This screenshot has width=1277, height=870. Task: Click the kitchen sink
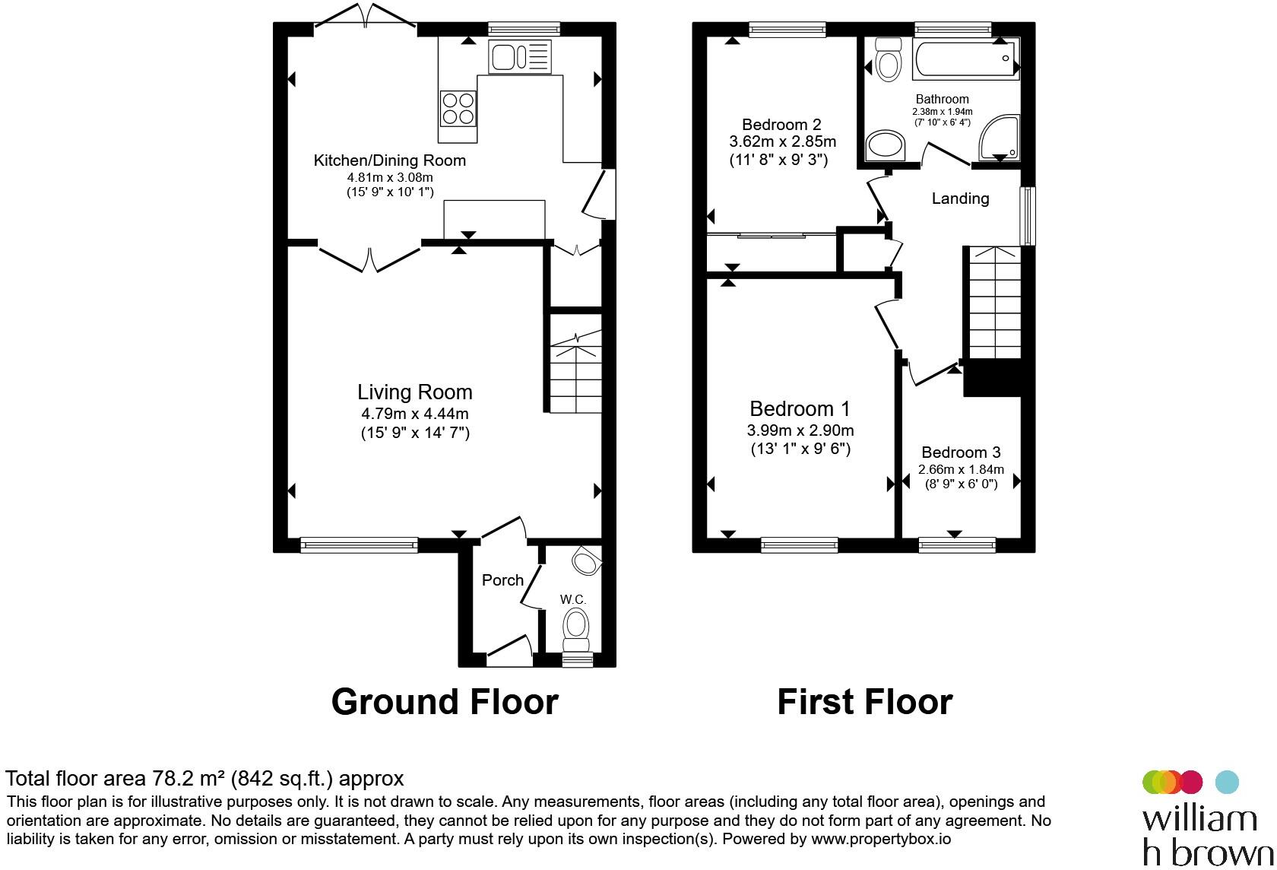point(519,56)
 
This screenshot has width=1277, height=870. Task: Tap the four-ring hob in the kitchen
point(458,109)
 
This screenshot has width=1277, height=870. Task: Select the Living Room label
point(414,392)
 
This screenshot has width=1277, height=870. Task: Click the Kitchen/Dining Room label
point(389,160)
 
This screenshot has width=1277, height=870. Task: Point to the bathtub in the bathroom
point(965,59)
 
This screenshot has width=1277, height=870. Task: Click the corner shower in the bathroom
point(1000,138)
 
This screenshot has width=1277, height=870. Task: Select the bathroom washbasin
point(885,146)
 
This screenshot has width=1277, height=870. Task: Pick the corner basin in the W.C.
point(587,561)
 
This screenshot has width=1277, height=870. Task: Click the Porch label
point(502,580)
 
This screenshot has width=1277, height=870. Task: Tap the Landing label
point(960,198)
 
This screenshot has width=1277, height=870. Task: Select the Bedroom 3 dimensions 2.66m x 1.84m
point(961,469)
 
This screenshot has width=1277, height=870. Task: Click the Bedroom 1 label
point(800,409)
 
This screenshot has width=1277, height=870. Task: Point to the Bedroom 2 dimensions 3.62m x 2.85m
point(782,141)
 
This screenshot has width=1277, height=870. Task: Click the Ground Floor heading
point(445,702)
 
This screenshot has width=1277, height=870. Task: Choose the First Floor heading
point(865,702)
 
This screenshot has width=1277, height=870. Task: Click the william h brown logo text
point(1207,837)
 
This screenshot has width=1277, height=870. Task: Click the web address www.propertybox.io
point(881,839)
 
